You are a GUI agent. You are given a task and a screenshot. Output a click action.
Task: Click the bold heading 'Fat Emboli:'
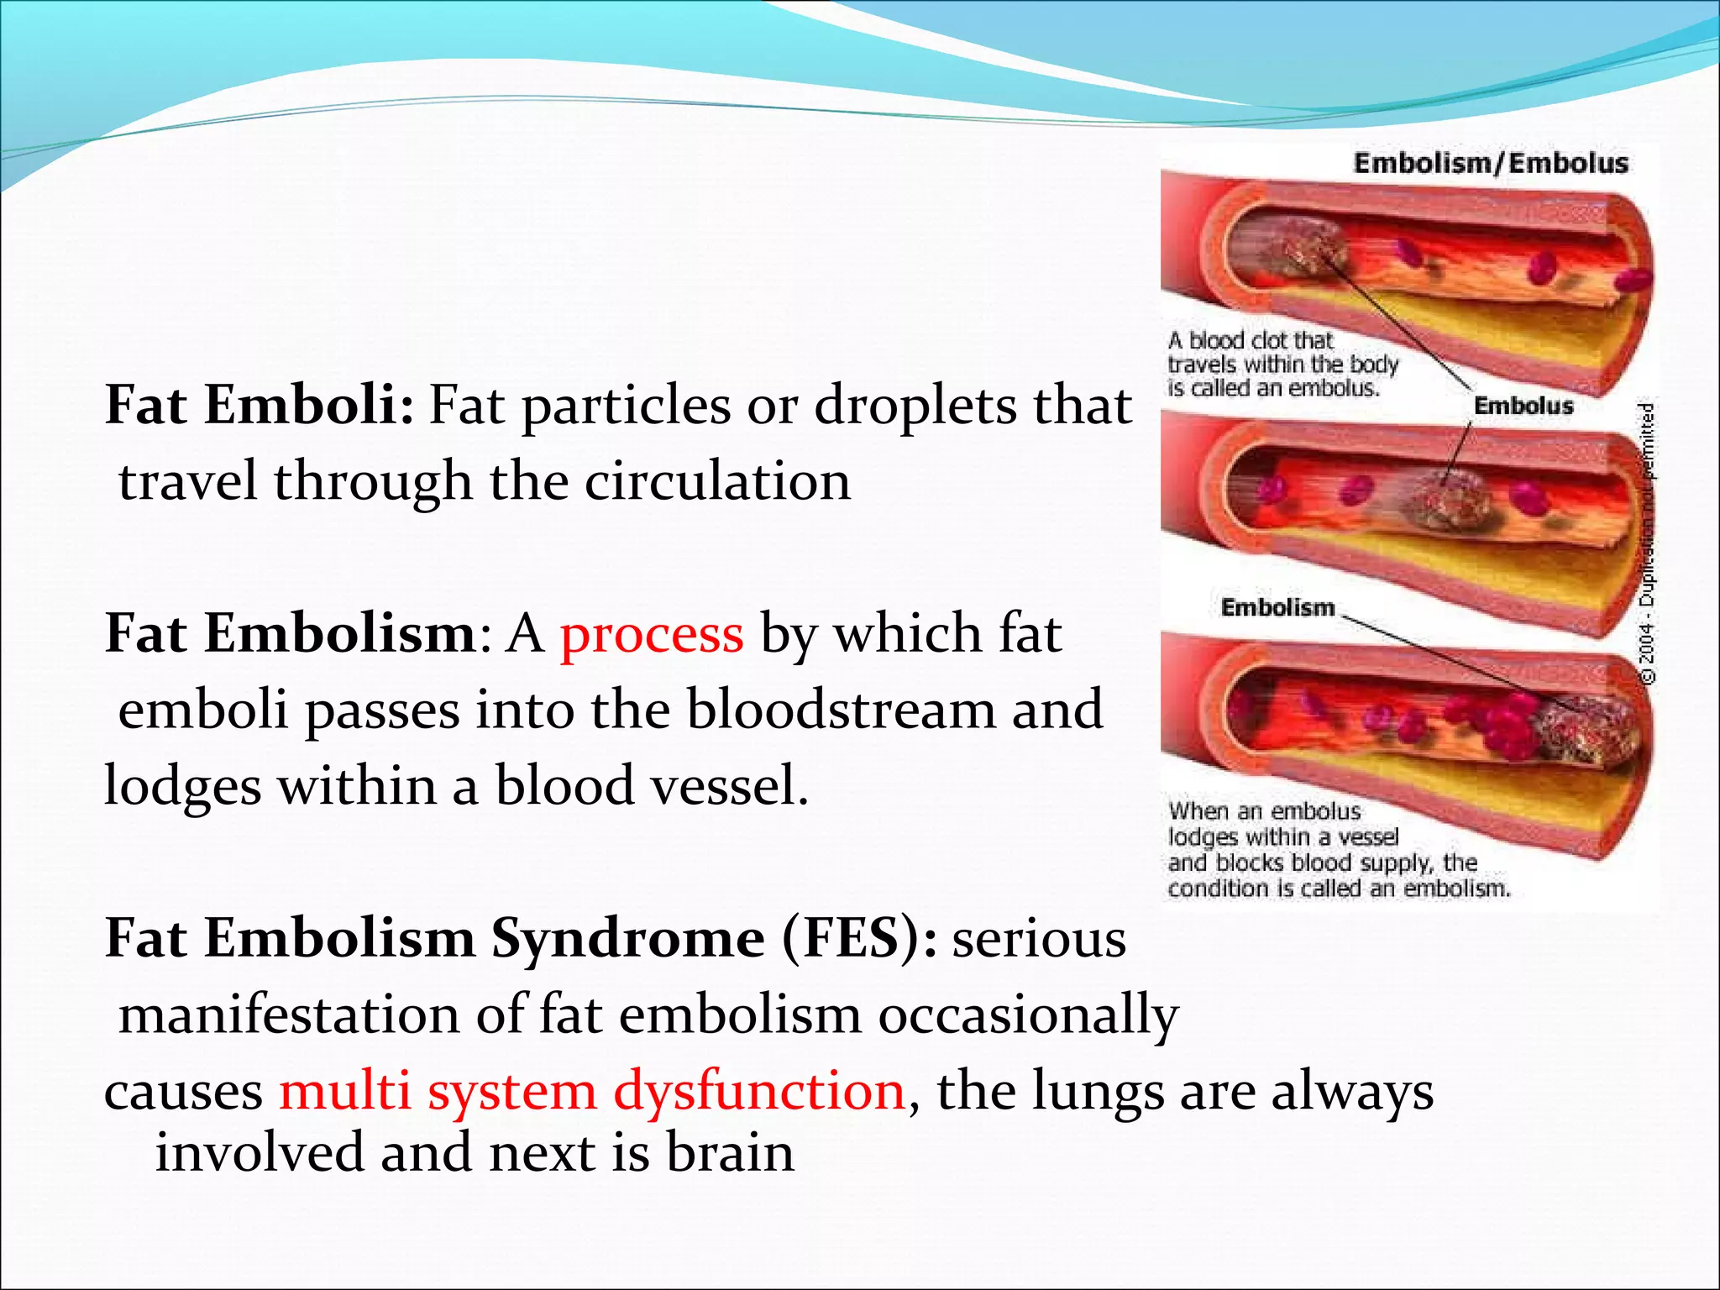coord(259,406)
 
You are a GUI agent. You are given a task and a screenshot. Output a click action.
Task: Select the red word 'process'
coord(652,634)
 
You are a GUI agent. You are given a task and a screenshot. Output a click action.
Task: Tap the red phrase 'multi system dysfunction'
coord(592,1091)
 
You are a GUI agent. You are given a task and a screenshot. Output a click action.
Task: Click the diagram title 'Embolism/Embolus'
coord(1491,163)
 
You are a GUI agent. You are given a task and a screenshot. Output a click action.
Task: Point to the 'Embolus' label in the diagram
coord(1523,406)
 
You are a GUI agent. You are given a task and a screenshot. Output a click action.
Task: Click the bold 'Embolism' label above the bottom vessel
coord(1277,607)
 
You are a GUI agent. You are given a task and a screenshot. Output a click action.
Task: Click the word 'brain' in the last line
coord(730,1153)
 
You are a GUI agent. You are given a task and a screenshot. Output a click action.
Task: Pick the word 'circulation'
coord(717,482)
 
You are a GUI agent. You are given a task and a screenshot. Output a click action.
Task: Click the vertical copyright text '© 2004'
coord(1649,655)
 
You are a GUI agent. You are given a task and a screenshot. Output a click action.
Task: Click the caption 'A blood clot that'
coord(1251,340)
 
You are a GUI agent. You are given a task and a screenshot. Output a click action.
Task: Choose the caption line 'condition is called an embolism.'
coord(1339,889)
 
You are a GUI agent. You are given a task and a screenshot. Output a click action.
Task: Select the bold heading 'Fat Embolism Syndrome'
coord(434,938)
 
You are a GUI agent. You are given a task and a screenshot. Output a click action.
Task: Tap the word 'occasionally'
coord(1029,1015)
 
